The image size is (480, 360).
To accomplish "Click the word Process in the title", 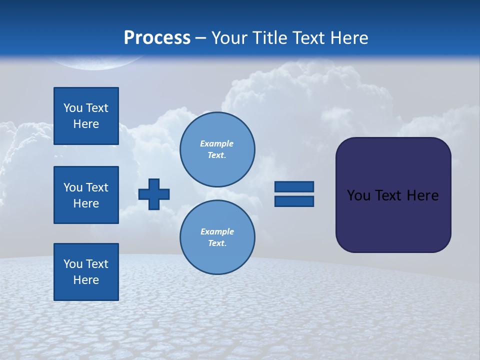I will (157, 38).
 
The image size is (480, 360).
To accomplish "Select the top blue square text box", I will (86, 116).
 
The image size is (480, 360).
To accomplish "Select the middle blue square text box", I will (86, 195).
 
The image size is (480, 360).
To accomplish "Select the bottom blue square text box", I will (86, 272).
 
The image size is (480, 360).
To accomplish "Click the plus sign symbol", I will (154, 194).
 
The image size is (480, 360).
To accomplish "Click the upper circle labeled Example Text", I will (217, 149).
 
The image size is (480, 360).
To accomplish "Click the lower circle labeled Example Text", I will (217, 237).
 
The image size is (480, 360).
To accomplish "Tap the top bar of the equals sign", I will (294, 186).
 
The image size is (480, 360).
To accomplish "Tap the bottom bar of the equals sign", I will (294, 201).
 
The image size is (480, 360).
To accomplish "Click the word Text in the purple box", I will (390, 195).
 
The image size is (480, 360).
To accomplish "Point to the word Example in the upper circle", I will (217, 143).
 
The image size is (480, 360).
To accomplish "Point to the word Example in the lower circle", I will (217, 231).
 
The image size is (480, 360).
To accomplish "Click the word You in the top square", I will (73, 108).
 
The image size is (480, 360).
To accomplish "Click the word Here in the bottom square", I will (86, 280).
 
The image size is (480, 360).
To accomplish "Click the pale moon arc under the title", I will (95, 63).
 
